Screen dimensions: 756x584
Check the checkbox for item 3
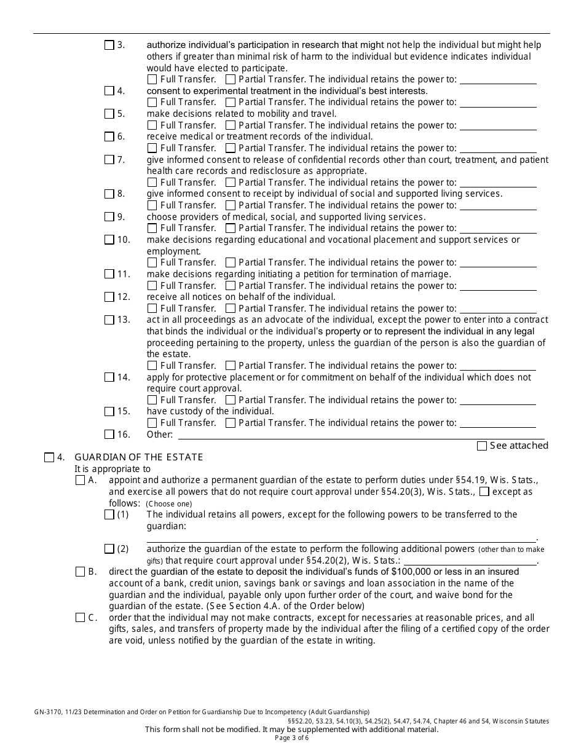pyautogui.click(x=109, y=45)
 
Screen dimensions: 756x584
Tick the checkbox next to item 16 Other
pyautogui.click(x=109, y=435)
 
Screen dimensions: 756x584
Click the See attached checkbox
pyautogui.click(x=482, y=446)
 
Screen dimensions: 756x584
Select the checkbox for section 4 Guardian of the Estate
pyautogui.click(x=50, y=457)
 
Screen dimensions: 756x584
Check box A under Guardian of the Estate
pyautogui.click(x=81, y=481)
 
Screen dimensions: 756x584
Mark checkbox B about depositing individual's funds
pyautogui.click(x=81, y=572)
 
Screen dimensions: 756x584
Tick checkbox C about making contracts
pyautogui.click(x=81, y=618)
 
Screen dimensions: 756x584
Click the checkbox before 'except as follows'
pyautogui.click(x=484, y=492)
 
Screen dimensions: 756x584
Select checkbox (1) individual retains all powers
pyautogui.click(x=109, y=514)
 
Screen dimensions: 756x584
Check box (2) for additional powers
pyautogui.click(x=109, y=549)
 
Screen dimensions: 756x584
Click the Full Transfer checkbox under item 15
pyautogui.click(x=152, y=423)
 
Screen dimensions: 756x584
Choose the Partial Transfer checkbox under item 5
pyautogui.click(x=231, y=125)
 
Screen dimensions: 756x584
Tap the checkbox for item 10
pyautogui.click(x=109, y=240)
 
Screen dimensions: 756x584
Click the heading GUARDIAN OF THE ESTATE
pyautogui.click(x=139, y=457)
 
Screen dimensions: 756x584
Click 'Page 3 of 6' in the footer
pyautogui.click(x=292, y=738)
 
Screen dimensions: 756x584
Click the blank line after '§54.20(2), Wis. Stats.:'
pyautogui.click(x=470, y=562)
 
